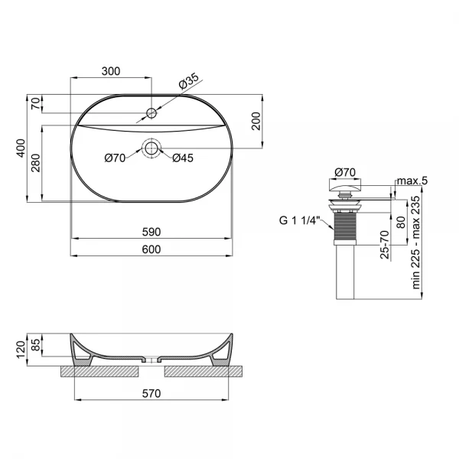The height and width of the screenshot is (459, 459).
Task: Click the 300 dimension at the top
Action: click(x=111, y=71)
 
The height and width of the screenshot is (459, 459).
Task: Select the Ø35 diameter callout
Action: click(x=189, y=79)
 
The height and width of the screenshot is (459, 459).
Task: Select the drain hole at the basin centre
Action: click(x=151, y=148)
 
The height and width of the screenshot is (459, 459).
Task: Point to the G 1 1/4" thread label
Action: click(x=301, y=223)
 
